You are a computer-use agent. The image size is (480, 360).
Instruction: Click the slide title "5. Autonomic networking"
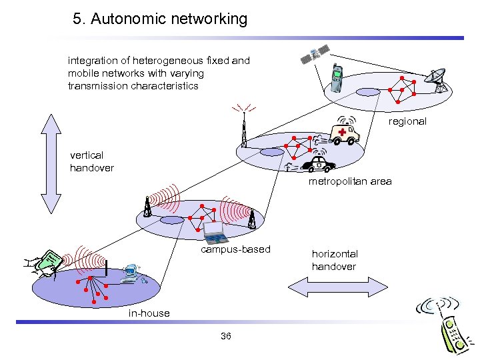(x=160, y=19)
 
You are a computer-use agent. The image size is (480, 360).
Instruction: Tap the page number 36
(x=225, y=336)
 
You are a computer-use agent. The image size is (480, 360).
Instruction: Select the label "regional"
(x=407, y=121)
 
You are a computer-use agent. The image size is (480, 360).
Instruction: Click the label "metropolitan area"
(x=350, y=181)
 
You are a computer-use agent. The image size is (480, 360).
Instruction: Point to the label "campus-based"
(x=236, y=249)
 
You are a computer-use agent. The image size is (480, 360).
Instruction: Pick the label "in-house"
(x=149, y=313)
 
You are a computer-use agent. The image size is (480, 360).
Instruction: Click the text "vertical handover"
(x=92, y=161)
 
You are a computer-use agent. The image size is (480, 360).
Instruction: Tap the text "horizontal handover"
(x=335, y=260)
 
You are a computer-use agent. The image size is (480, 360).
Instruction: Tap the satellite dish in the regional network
(x=438, y=80)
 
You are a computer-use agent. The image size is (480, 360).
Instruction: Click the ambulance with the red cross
(x=344, y=132)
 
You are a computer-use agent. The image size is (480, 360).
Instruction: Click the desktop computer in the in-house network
(x=130, y=273)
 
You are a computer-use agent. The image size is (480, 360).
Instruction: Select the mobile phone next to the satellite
(x=337, y=77)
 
